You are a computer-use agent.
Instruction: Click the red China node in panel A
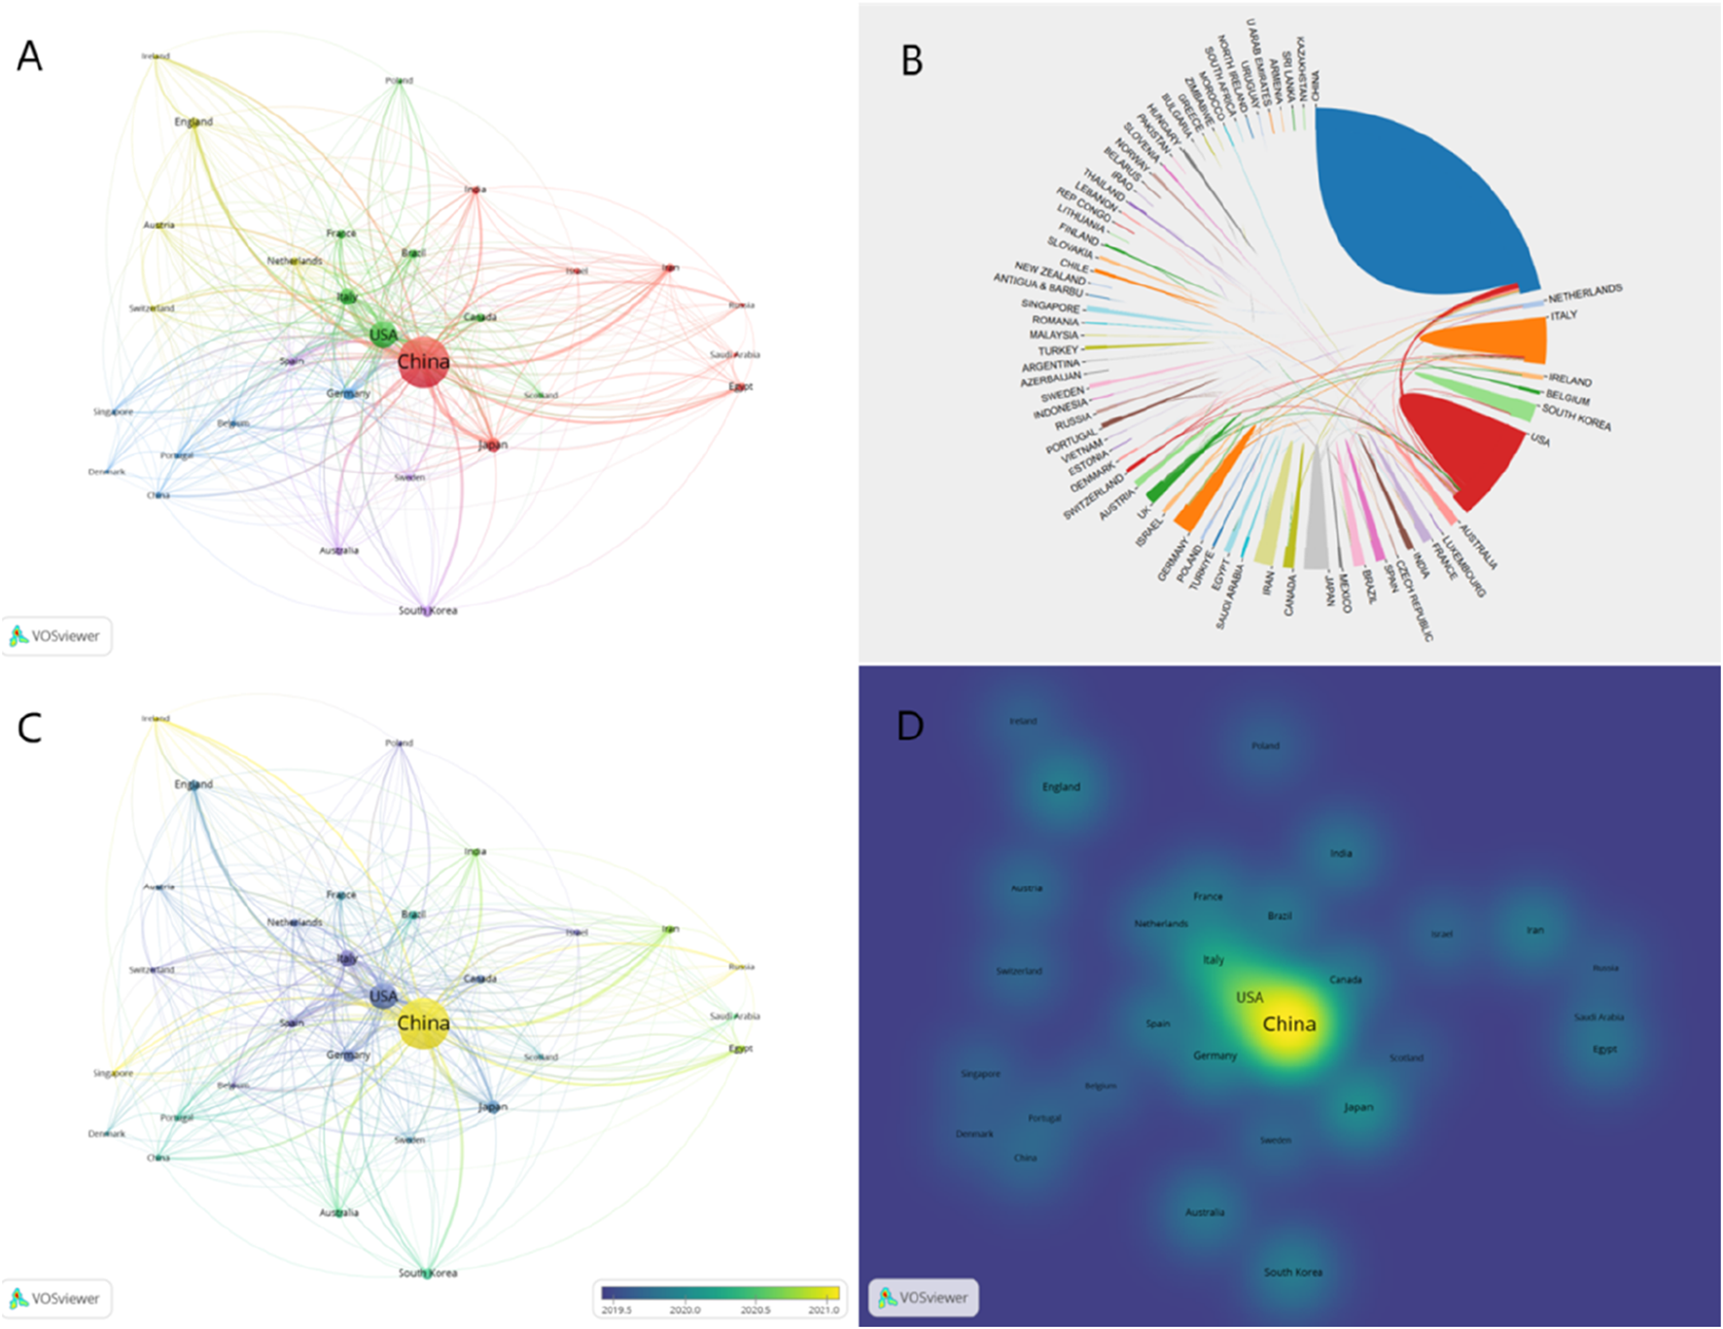[x=423, y=362]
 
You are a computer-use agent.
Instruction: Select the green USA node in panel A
[x=383, y=335]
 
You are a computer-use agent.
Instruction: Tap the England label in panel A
[x=193, y=122]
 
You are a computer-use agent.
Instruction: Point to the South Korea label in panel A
[x=427, y=610]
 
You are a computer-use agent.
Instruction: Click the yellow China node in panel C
[x=423, y=1024]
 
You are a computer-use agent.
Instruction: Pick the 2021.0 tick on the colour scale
[x=824, y=1310]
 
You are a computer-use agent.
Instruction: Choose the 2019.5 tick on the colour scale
[x=616, y=1310]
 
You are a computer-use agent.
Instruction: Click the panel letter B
[x=911, y=60]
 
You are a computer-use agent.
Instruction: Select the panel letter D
[x=910, y=726]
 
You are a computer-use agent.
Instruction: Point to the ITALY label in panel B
[x=1564, y=315]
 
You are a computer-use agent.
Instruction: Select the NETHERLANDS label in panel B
[x=1585, y=293]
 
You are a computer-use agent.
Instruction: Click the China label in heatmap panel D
[x=1289, y=1024]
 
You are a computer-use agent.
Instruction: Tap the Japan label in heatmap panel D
[x=1358, y=1107]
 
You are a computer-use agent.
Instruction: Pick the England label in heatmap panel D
[x=1061, y=787]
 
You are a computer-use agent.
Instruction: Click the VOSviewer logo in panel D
[x=924, y=1297]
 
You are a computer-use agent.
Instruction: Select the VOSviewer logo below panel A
[x=55, y=636]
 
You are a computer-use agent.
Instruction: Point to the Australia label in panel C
[x=338, y=1212]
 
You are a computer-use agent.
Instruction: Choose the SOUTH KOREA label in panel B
[x=1576, y=417]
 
